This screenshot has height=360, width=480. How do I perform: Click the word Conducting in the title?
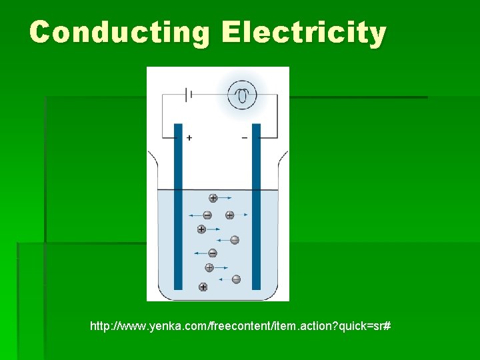click(x=119, y=32)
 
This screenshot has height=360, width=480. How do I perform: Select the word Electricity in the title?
click(x=304, y=32)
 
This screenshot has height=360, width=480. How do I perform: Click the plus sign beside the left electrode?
click(x=189, y=137)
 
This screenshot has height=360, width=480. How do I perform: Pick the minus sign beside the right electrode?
click(x=244, y=137)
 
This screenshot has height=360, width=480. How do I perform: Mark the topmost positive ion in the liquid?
click(x=213, y=198)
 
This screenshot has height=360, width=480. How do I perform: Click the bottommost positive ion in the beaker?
click(x=203, y=287)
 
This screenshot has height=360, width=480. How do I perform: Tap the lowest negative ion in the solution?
click(x=235, y=279)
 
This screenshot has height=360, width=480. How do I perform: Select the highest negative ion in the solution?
click(x=207, y=215)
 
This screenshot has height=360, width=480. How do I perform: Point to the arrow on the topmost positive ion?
click(x=226, y=198)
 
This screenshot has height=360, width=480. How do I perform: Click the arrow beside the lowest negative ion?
click(x=223, y=279)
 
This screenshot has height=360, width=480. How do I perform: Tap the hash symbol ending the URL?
click(x=387, y=327)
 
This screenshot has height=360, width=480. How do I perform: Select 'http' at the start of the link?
click(x=99, y=327)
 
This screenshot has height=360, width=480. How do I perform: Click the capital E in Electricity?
click(x=231, y=32)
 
